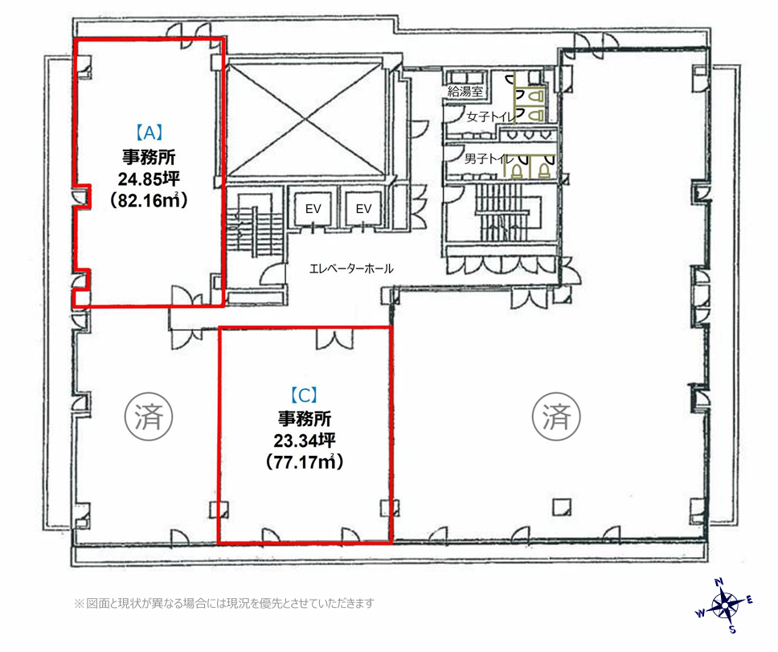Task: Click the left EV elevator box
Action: [x=313, y=208]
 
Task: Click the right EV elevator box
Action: [x=364, y=208]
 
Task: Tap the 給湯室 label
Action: [x=465, y=91]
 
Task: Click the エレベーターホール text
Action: [x=351, y=269]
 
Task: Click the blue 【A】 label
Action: [x=149, y=133]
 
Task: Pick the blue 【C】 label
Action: [x=304, y=395]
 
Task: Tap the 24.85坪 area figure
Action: [x=149, y=178]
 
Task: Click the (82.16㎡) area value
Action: [x=149, y=200]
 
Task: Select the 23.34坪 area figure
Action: [x=304, y=440]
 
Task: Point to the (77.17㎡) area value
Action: [x=304, y=462]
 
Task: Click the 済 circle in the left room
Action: [x=149, y=416]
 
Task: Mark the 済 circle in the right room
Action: [x=557, y=416]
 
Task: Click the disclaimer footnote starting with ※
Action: [x=223, y=604]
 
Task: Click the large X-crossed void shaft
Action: [x=305, y=117]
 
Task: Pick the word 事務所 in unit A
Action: [x=149, y=158]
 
